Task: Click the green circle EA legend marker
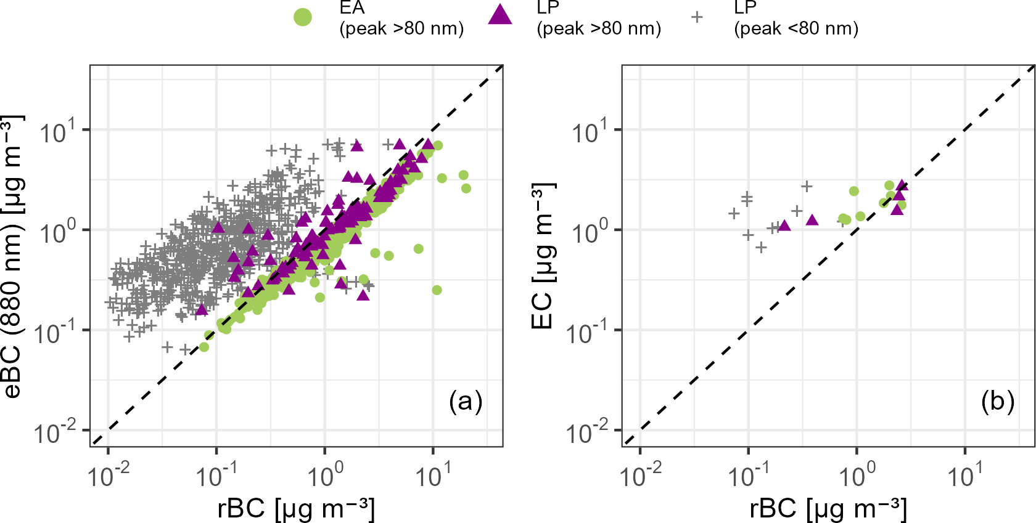pos(302,17)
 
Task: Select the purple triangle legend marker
pos(500,15)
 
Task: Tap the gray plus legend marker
pos(697,17)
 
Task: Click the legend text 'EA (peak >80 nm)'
pos(401,18)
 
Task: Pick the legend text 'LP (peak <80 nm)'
pos(796,18)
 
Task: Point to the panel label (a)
pos(466,401)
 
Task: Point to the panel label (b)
pos(998,401)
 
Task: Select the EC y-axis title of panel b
pos(544,256)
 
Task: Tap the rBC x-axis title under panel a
pos(296,509)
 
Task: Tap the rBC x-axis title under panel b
pos(828,509)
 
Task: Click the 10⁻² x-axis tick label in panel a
pos(109,474)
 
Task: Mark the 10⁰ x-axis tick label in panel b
pos(857,474)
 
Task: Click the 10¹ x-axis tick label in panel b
pos(965,474)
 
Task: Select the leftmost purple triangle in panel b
pos(784,225)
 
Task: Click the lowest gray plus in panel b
pos(761,247)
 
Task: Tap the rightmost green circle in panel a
pos(466,189)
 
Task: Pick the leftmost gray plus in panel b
pos(734,214)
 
